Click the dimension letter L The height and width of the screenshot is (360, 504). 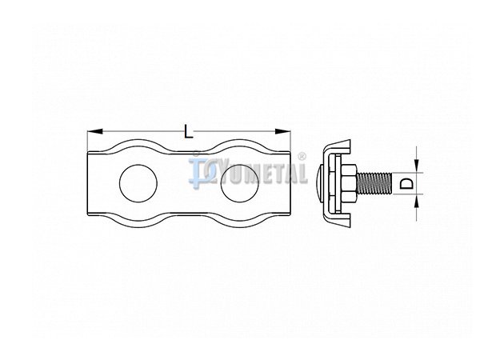tap(189, 131)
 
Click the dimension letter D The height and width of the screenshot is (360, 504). tap(406, 183)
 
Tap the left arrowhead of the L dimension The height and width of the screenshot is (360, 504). tap(95, 131)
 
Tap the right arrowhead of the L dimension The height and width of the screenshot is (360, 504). tap(282, 131)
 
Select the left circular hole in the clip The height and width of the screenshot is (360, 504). tap(138, 183)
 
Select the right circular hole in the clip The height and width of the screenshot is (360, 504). tap(240, 183)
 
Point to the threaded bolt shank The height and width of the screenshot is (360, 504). tap(374, 183)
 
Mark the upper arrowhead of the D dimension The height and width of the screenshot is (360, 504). tap(417, 166)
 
